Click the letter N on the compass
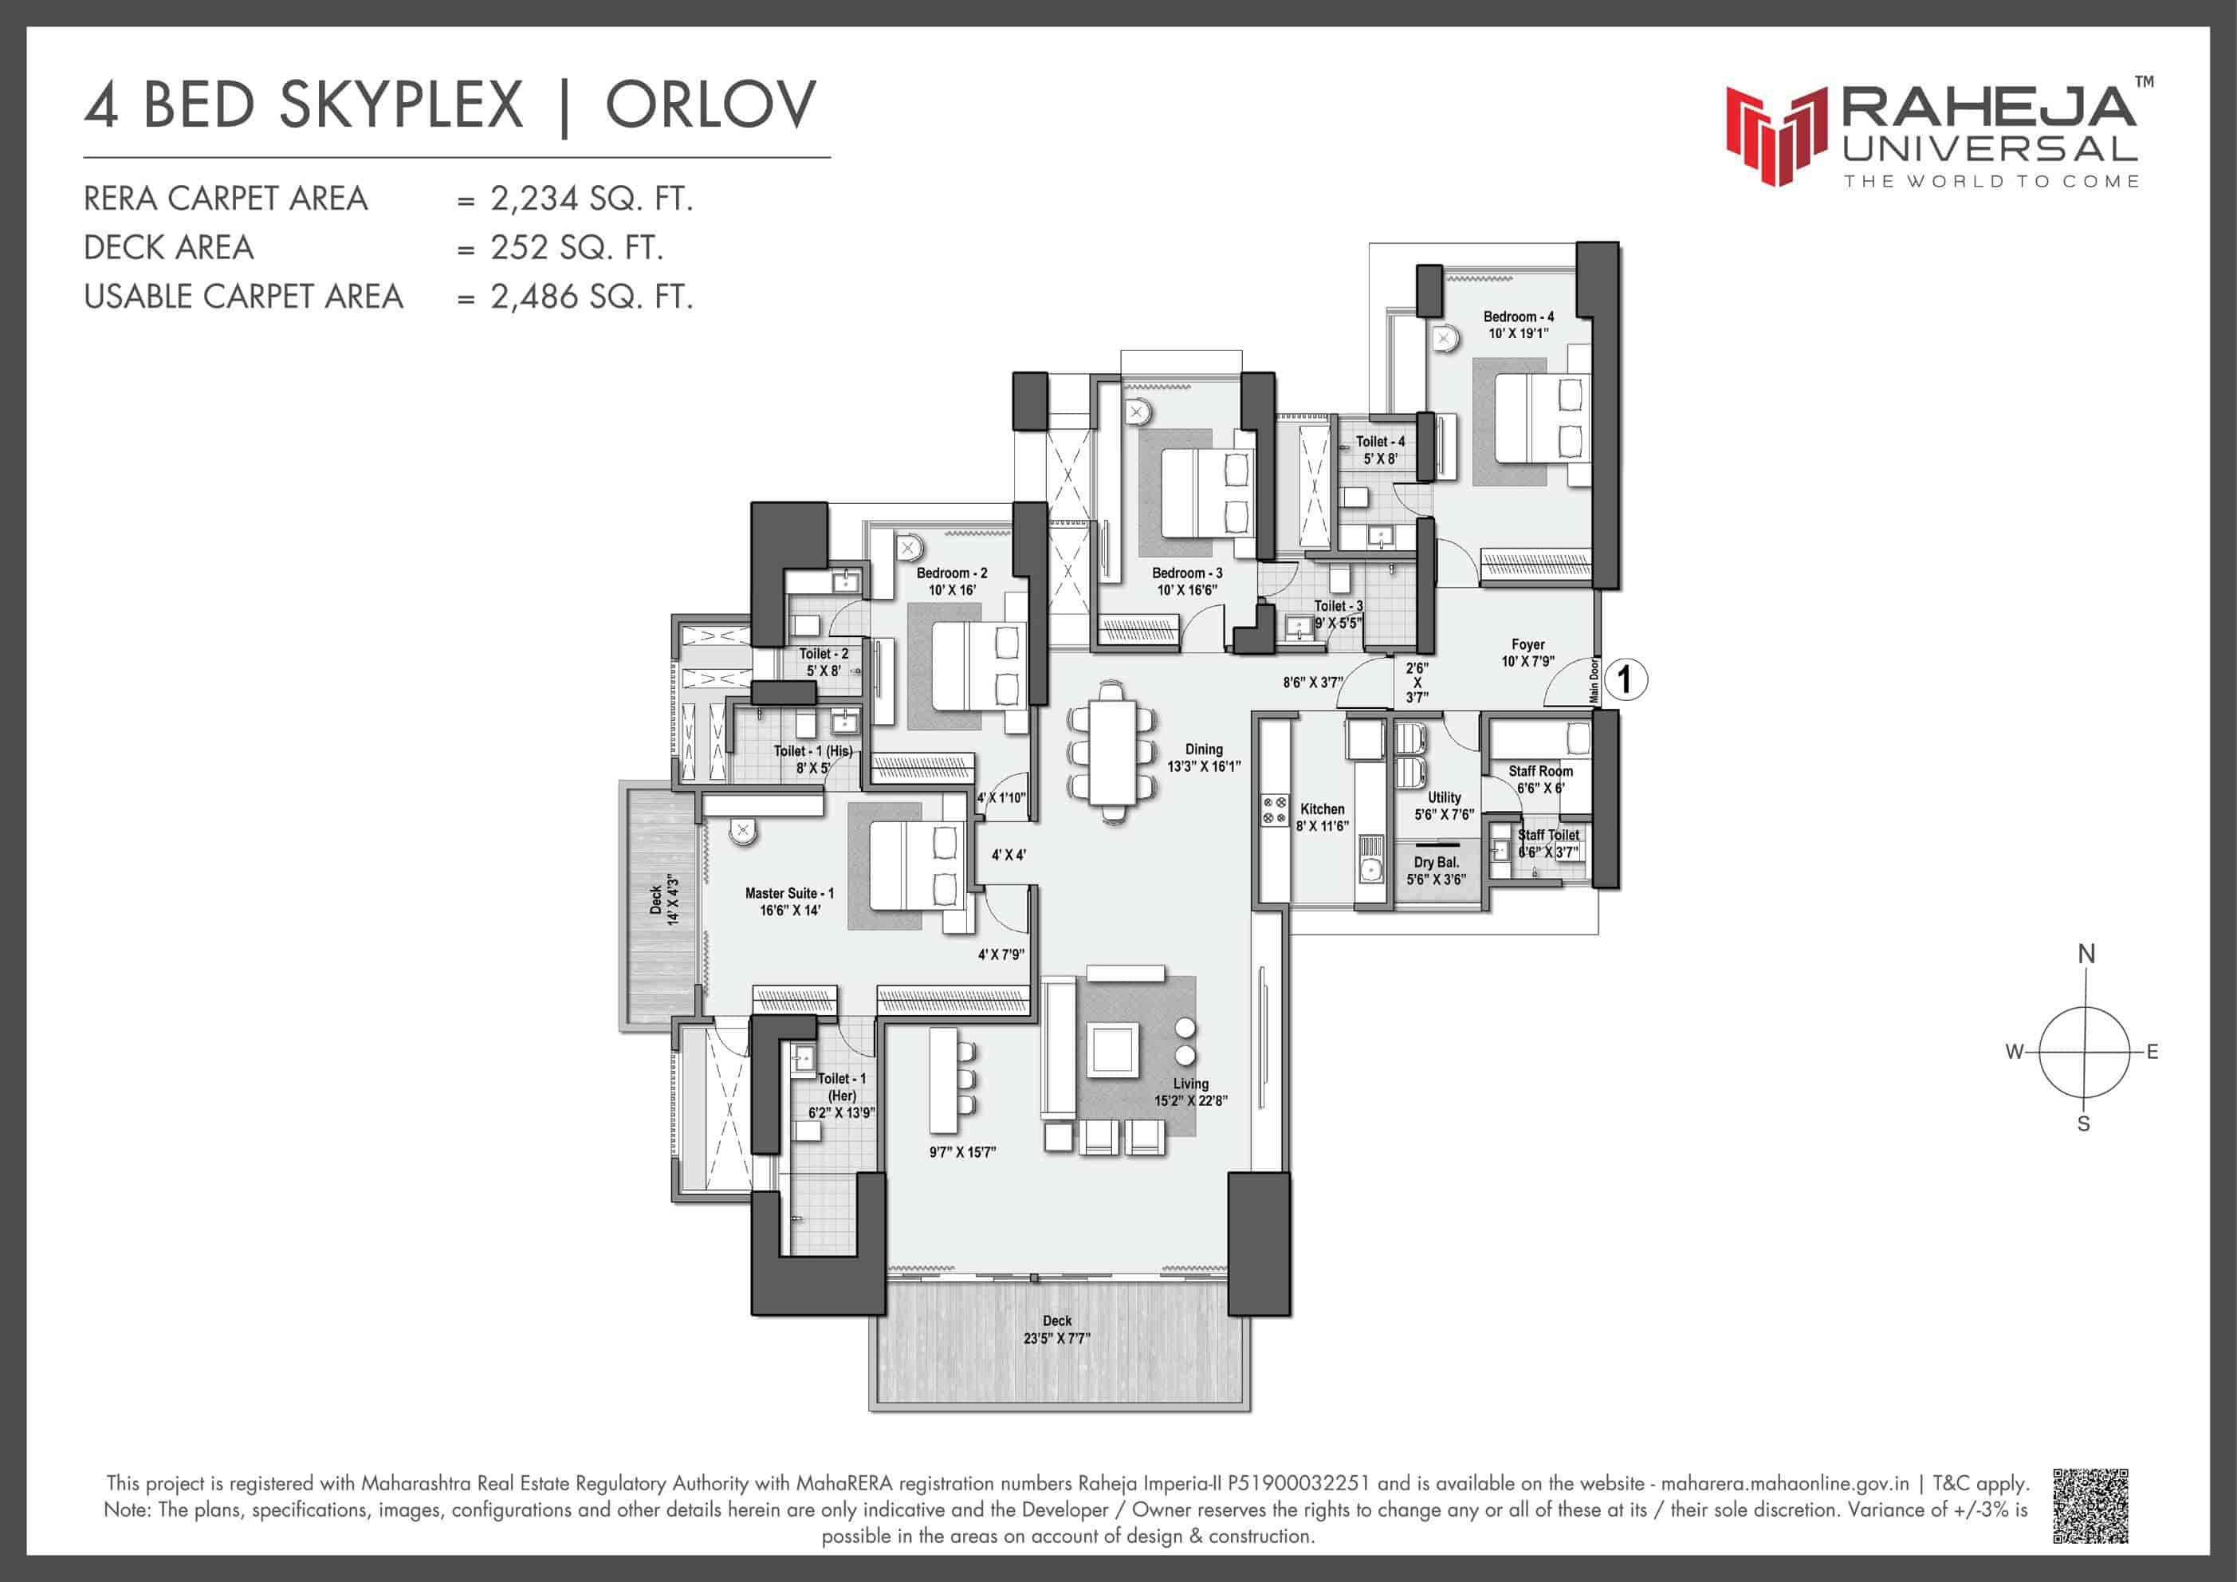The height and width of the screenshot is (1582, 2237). [x=2086, y=954]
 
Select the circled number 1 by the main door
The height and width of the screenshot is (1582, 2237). [x=1624, y=679]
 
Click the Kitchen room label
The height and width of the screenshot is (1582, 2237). [x=1322, y=809]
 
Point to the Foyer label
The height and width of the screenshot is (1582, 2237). [x=1527, y=644]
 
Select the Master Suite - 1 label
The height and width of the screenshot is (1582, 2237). [x=789, y=893]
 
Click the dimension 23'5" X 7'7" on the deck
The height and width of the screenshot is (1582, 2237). [x=1056, y=1338]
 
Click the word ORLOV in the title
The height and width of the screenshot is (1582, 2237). [x=710, y=105]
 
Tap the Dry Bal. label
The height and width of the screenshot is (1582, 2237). [x=1436, y=863]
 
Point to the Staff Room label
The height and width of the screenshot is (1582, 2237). [x=1540, y=771]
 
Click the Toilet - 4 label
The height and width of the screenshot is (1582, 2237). [x=1381, y=442]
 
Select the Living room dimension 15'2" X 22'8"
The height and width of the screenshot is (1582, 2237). [x=1190, y=1100]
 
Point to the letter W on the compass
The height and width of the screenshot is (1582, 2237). [x=2015, y=1052]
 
